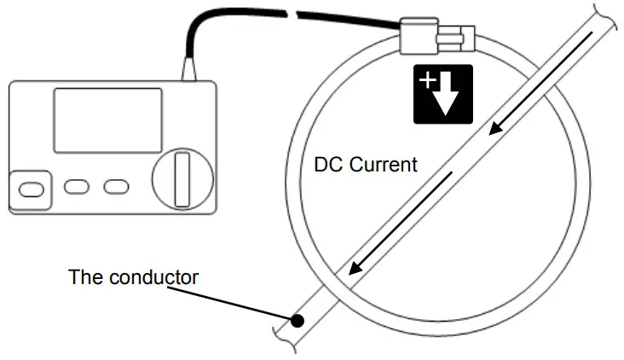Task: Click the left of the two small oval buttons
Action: tap(78, 186)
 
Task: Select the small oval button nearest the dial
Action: tap(115, 186)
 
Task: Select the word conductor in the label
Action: tap(159, 277)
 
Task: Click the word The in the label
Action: tap(85, 277)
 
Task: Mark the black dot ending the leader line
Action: tap(298, 322)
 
